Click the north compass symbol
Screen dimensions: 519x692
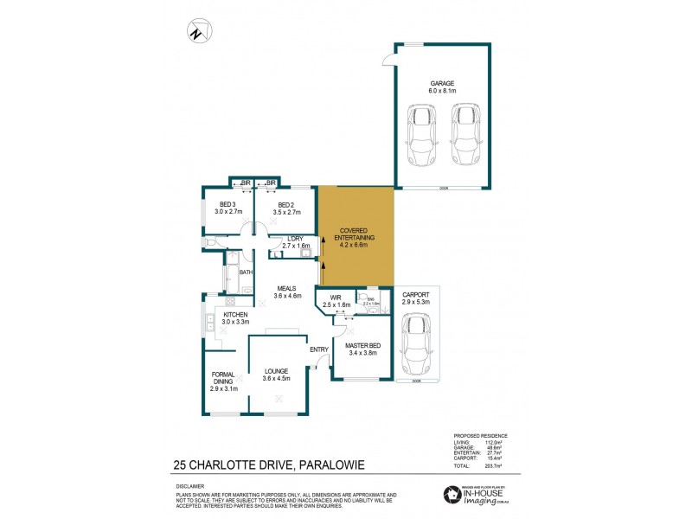(198, 32)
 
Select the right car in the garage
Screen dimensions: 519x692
(465, 136)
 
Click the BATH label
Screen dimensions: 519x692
(246, 272)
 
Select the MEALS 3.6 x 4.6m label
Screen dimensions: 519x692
(287, 292)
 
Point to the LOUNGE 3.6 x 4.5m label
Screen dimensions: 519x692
(277, 375)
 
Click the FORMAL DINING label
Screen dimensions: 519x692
(224, 381)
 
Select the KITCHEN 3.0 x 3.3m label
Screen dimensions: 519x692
(236, 317)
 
